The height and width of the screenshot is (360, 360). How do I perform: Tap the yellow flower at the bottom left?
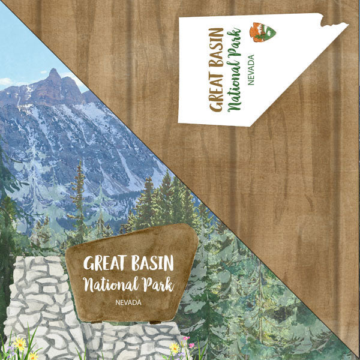20,344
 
